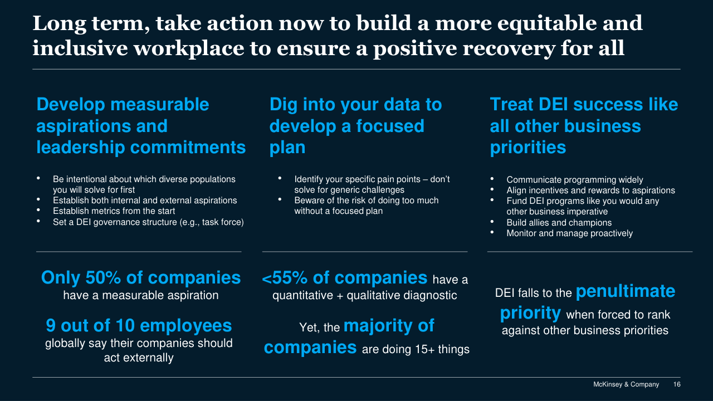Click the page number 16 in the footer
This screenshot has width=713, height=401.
(x=677, y=384)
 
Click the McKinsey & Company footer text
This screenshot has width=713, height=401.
(x=626, y=384)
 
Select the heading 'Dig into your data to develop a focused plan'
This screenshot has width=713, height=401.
(x=355, y=126)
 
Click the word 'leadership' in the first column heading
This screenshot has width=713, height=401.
(x=81, y=148)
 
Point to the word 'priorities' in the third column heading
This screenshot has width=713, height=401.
(x=528, y=148)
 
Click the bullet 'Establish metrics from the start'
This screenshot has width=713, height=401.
(x=114, y=211)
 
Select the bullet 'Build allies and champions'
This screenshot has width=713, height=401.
(x=559, y=222)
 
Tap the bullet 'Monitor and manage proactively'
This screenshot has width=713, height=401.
(x=569, y=233)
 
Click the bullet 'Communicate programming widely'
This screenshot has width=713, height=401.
(x=574, y=180)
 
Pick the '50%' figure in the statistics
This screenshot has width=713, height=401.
(x=103, y=277)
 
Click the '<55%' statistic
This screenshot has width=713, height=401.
(x=285, y=277)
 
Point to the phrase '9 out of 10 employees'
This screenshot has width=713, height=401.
(x=139, y=326)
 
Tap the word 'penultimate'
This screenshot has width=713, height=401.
(x=626, y=291)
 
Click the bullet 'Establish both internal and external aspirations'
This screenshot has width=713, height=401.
(x=145, y=200)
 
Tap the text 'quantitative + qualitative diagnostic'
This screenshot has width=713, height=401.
(x=364, y=295)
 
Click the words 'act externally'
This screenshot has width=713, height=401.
(x=139, y=358)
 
